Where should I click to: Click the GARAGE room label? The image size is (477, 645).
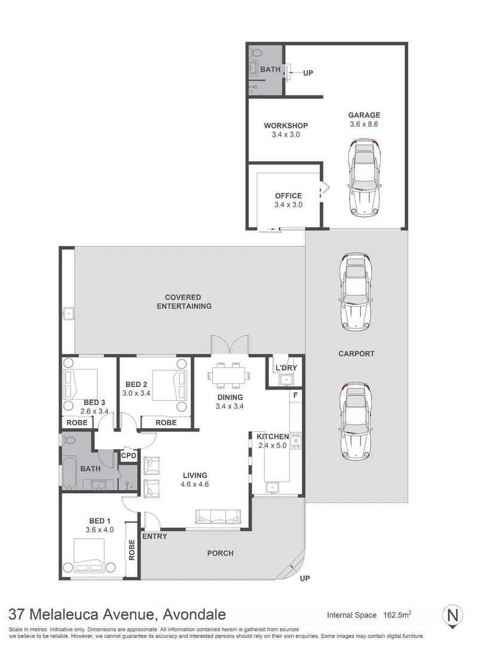pos(364,115)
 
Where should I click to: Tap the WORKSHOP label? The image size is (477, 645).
pos(286,125)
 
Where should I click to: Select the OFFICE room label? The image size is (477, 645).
pos(288,195)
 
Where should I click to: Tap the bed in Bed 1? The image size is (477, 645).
pos(90,556)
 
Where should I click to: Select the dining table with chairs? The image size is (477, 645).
pos(230,376)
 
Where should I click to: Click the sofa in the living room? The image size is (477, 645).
pos(219,515)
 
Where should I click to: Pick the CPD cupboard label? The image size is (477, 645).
pos(129,456)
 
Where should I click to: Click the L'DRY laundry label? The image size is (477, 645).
pos(285,367)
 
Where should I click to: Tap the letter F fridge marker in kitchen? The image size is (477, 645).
pos(295,395)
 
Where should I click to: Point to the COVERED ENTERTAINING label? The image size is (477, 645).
pos(184,302)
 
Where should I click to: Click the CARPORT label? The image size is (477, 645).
pos(356,354)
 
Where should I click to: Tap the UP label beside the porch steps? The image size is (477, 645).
pos(304,579)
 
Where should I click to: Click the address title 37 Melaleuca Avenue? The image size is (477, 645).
pos(117,614)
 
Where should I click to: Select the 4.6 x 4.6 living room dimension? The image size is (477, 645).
pos(195,484)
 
